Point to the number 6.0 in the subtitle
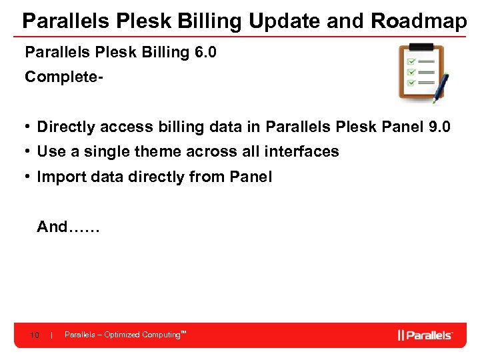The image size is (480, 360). (205, 52)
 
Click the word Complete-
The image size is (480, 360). (63, 77)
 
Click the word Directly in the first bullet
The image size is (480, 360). (65, 127)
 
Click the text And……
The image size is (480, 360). (67, 227)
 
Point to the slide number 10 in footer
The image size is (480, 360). (35, 335)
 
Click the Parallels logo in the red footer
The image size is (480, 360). (425, 335)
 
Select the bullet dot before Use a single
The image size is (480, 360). (29, 151)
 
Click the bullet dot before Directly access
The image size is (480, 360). (29, 127)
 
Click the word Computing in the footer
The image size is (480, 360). (161, 335)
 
